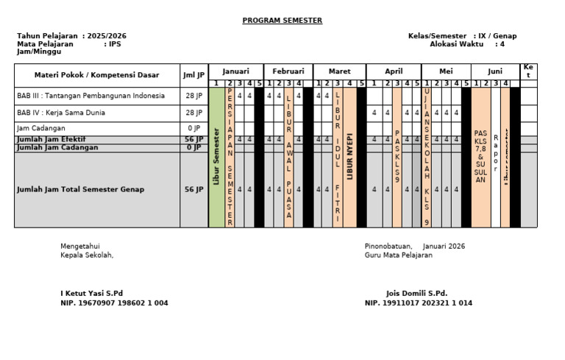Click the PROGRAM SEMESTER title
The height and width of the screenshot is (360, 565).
click(x=282, y=21)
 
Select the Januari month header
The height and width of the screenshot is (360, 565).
click(x=236, y=71)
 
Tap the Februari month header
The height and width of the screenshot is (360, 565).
click(x=288, y=71)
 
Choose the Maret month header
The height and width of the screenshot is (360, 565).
click(x=339, y=71)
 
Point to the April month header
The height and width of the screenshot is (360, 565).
click(x=394, y=71)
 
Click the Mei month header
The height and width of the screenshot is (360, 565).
click(x=446, y=71)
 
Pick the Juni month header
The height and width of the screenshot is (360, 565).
click(x=495, y=71)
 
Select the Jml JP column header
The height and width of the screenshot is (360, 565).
click(x=194, y=75)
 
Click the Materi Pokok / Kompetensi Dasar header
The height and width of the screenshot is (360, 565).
click(x=96, y=75)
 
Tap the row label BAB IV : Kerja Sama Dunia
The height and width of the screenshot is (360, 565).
click(x=61, y=113)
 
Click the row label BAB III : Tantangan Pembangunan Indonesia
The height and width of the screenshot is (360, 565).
click(x=90, y=96)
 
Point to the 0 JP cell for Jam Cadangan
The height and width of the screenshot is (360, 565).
click(x=194, y=128)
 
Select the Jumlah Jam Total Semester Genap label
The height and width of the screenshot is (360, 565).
click(x=81, y=189)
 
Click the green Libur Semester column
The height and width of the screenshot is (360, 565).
click(x=216, y=157)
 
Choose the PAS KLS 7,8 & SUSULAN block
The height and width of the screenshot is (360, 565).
click(x=480, y=157)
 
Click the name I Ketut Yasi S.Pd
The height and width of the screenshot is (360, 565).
click(x=92, y=293)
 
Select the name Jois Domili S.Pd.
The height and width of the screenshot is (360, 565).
click(x=416, y=293)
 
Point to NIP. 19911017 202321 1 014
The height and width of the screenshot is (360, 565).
click(x=419, y=303)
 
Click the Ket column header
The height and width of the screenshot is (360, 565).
click(x=528, y=71)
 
